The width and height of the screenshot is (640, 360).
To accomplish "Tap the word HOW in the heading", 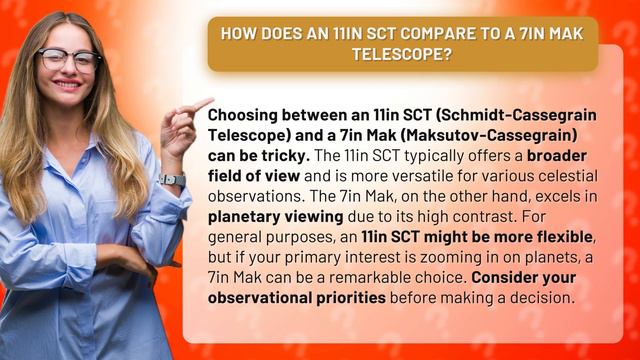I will pyautogui.click(x=238, y=32).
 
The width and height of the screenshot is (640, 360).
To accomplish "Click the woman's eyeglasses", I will pyautogui.click(x=70, y=59).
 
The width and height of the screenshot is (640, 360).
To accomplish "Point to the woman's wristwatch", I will pyautogui.click(x=171, y=180).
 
